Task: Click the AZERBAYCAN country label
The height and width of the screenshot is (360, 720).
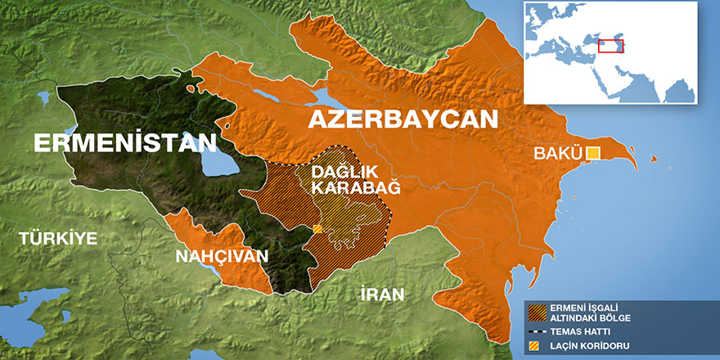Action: [402, 119]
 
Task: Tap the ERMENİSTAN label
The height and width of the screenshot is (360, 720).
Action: [125, 144]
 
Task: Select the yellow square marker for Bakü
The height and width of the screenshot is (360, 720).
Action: [593, 153]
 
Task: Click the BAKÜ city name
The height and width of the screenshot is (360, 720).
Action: [557, 153]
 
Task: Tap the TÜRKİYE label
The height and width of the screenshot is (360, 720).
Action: [58, 239]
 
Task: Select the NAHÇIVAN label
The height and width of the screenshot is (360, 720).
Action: [222, 256]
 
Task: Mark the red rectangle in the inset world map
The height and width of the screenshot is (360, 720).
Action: [610, 46]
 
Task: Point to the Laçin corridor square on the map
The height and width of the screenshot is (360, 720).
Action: [317, 229]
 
